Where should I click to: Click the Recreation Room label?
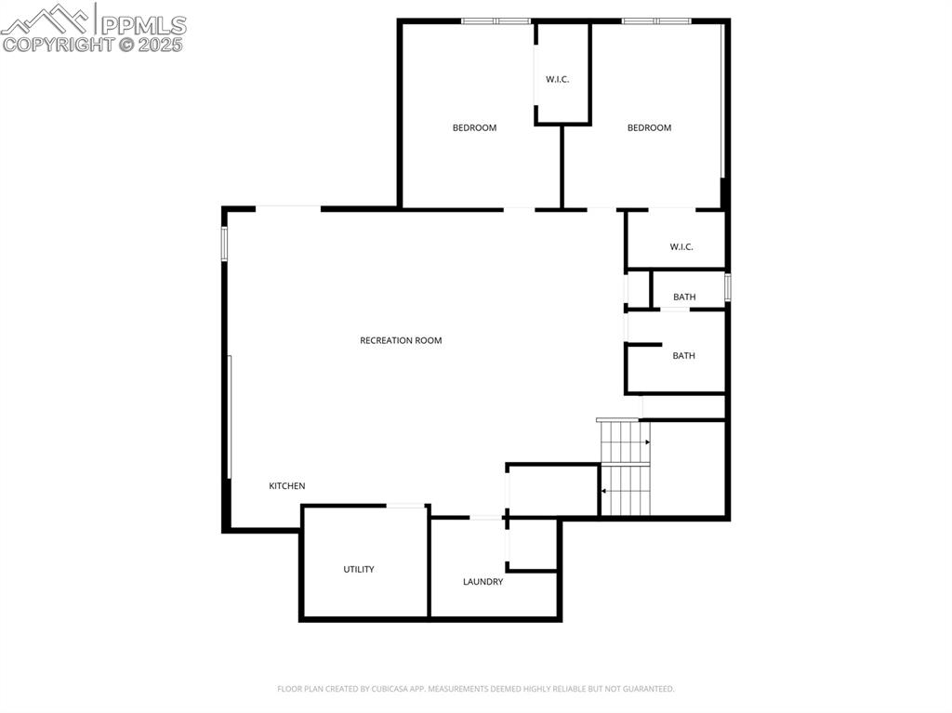coord(401,340)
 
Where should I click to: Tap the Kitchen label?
coord(287,486)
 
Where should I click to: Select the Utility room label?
coord(359,569)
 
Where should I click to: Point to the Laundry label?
coord(483,582)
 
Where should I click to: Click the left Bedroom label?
coord(474,128)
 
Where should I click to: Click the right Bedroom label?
coord(649,128)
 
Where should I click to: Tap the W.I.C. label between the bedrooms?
coord(557,80)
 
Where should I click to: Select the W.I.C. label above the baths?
coord(681,247)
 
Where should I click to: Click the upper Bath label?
coord(684,297)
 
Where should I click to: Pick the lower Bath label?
coord(683,356)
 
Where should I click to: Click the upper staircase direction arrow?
coord(647,442)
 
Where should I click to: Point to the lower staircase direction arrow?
coord(604,490)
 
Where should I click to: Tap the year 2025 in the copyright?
coord(162,45)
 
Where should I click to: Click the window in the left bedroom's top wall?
coord(496,20)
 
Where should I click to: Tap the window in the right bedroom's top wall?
coord(656,20)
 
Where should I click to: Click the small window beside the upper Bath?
coord(728,286)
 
